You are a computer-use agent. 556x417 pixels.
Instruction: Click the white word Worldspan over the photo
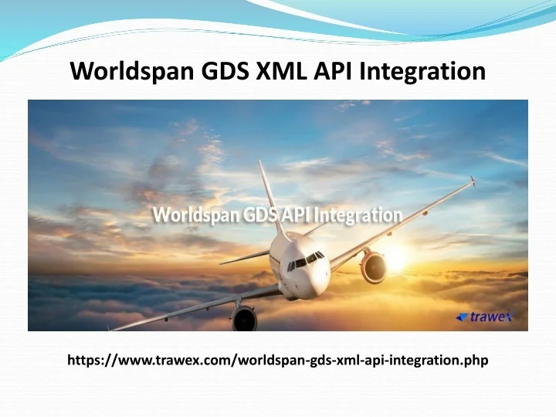click(x=190, y=214)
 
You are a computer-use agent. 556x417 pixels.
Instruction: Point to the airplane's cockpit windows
click(x=306, y=259)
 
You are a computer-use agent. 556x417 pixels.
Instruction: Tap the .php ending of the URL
click(x=474, y=360)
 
